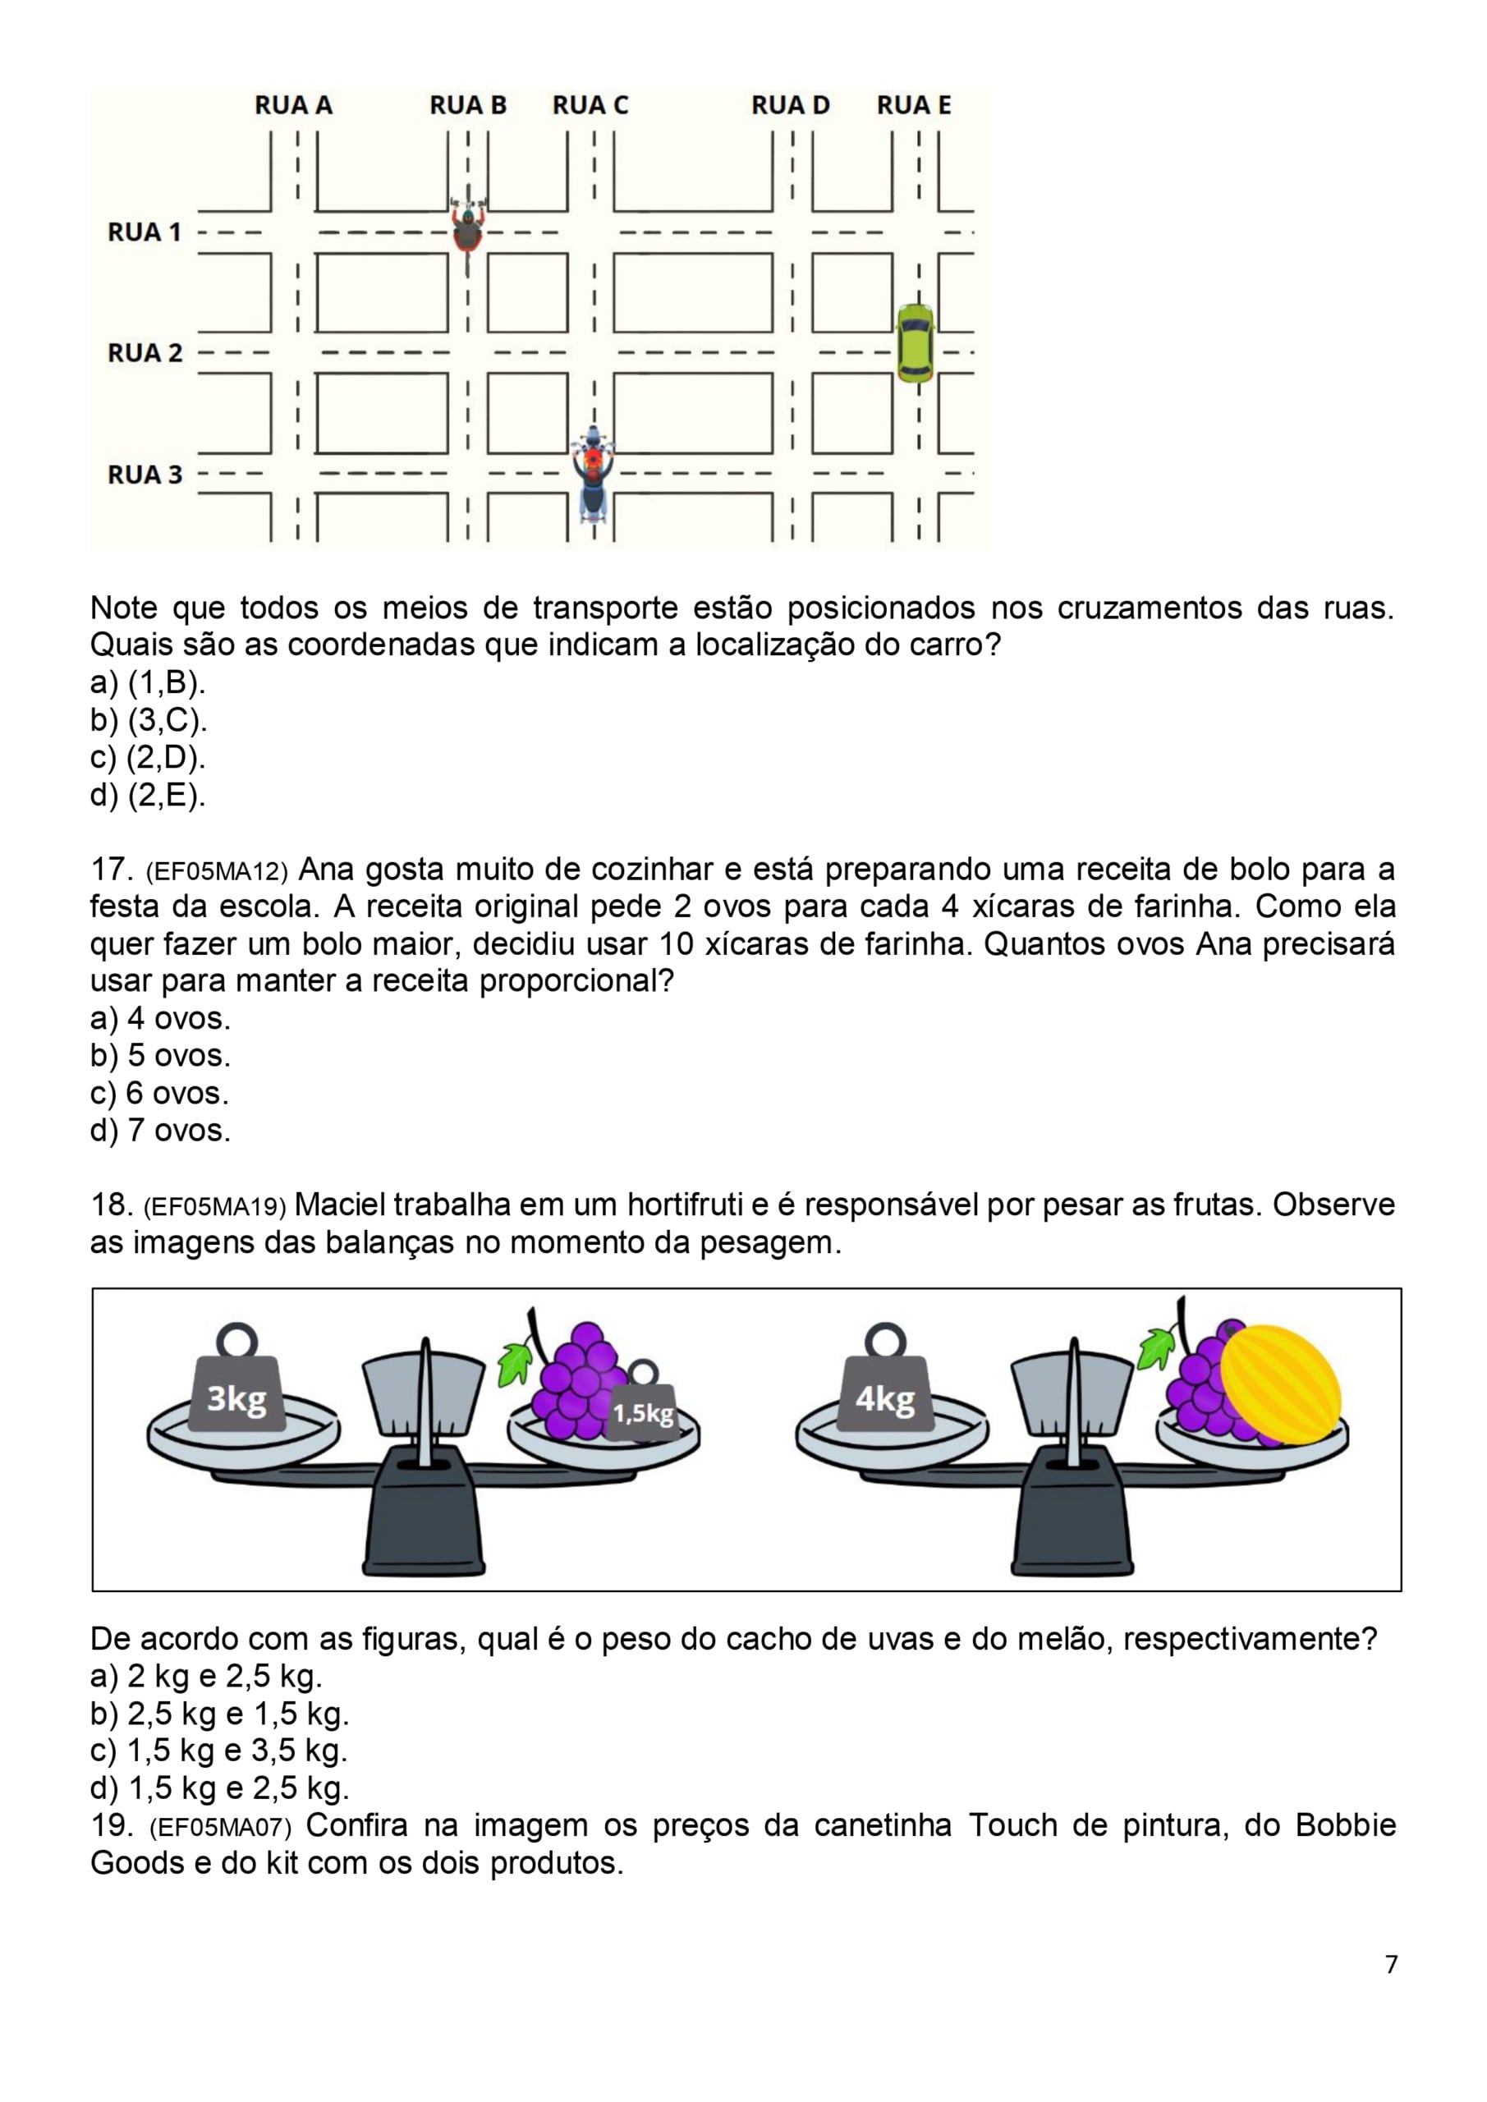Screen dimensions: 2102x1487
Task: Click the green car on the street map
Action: pos(915,342)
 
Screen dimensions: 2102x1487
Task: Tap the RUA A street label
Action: pos(293,106)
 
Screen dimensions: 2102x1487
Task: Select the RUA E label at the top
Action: pos(914,106)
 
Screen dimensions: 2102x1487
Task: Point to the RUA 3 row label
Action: pos(145,475)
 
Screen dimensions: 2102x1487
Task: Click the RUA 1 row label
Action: pos(145,232)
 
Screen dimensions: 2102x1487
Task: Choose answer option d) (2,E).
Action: pos(149,796)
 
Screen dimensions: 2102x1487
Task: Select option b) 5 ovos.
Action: pos(160,1056)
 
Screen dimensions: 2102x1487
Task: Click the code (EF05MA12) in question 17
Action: pos(217,870)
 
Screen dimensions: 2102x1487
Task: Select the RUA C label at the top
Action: pos(590,106)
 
